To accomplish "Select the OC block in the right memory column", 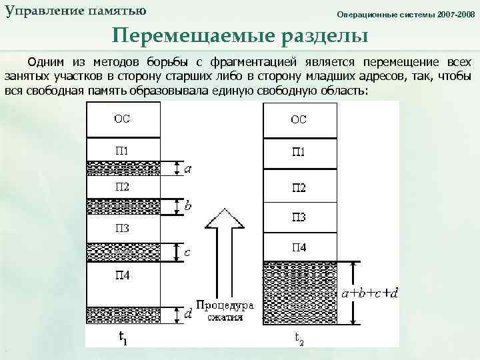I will tap(298, 119).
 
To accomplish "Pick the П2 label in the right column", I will tap(298, 188).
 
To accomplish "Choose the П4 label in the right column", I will tap(298, 247).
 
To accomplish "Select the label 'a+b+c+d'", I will tap(370, 293).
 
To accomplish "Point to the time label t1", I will tap(123, 338).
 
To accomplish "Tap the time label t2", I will tap(299, 338).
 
